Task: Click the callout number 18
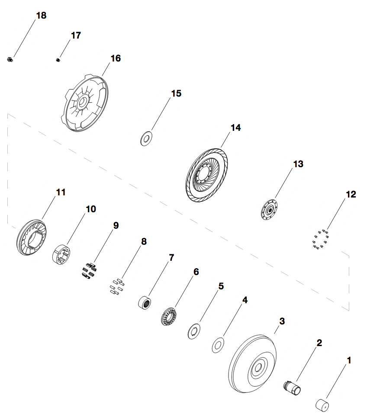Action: [41, 16]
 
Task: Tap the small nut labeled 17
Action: [58, 59]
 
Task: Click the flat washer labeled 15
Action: [146, 139]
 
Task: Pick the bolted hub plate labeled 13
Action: [269, 210]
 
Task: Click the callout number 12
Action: [351, 194]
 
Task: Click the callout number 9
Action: [116, 225]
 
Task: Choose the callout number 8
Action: [144, 241]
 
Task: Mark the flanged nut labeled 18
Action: [9, 59]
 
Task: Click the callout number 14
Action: [235, 128]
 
